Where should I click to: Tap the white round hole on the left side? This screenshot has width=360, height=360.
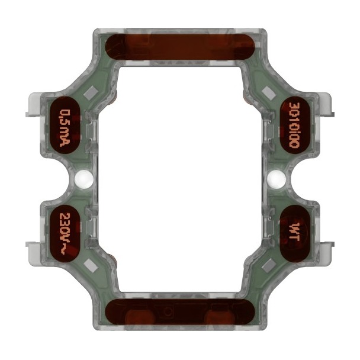[x=83, y=178]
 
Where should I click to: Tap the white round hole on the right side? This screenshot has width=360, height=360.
[x=275, y=178]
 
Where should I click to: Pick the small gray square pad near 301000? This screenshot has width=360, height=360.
[x=268, y=92]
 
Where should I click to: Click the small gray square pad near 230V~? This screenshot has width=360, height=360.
[x=91, y=264]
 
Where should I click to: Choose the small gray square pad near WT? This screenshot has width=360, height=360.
[x=268, y=264]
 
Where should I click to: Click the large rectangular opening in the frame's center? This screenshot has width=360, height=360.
[x=179, y=178]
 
